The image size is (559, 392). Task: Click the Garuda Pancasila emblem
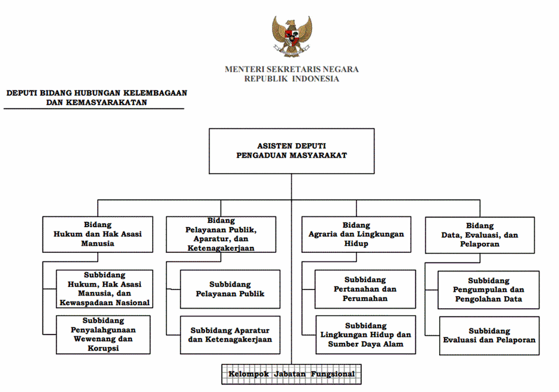coord(292,36)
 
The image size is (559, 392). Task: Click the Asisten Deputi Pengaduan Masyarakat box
coord(292,151)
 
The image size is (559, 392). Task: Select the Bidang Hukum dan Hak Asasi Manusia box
coord(98,234)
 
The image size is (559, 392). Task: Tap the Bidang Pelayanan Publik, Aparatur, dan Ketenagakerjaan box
coord(221,234)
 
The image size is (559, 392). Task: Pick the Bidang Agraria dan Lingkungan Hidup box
coord(356,234)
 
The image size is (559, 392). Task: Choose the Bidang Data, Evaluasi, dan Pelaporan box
coord(480,235)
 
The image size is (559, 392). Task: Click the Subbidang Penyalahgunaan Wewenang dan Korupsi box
coord(104,334)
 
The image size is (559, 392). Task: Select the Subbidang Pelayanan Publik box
coord(230,290)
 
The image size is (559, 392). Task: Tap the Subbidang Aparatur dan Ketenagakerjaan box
coord(230,335)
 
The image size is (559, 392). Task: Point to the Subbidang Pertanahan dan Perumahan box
coord(365,290)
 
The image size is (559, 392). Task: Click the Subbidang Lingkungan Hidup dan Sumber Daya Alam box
coord(365,335)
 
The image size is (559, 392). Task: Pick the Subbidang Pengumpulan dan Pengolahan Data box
coord(488,290)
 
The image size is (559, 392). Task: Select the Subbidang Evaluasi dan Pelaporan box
coord(489,336)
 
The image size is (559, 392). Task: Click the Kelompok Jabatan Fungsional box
coord(291,374)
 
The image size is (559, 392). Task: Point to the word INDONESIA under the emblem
coord(316,79)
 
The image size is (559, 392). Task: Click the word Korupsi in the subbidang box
coord(103,348)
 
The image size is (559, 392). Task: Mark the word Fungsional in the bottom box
coord(333,374)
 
